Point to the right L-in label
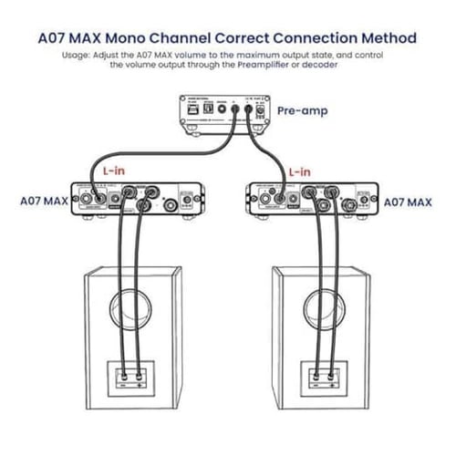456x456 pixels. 299,171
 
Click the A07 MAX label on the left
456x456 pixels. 43,202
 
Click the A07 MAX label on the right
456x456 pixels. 407,202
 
